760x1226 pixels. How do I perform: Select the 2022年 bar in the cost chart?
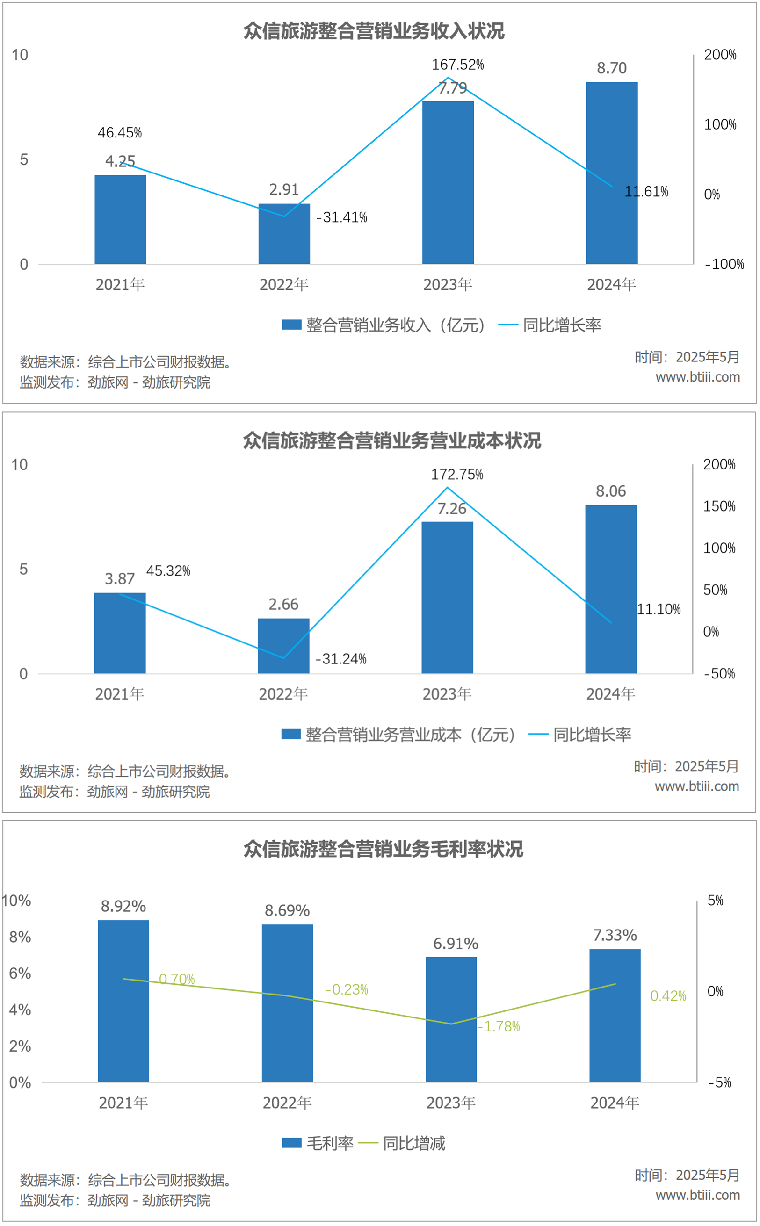[283, 646]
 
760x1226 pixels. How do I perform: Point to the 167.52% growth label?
[457, 65]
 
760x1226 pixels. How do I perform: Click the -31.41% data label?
[342, 217]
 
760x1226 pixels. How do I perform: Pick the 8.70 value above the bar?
[611, 68]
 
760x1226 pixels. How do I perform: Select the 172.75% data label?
[456, 474]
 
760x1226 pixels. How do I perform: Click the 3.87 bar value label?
[120, 579]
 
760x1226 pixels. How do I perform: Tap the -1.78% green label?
[499, 1026]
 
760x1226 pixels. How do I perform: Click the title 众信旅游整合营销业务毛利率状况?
[383, 849]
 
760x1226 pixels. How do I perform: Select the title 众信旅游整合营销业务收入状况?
[374, 31]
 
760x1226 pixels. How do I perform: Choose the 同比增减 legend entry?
[413, 1143]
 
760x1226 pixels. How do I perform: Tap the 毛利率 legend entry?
[329, 1143]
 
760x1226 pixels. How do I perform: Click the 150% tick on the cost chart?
[719, 506]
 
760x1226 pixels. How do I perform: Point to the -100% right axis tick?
[724, 264]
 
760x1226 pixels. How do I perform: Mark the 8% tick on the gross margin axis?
[20, 937]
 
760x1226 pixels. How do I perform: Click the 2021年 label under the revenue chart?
[120, 285]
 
